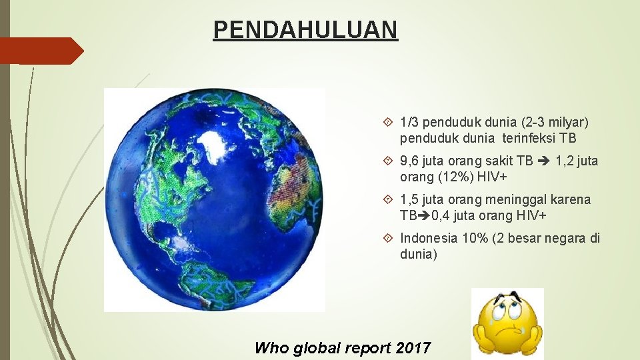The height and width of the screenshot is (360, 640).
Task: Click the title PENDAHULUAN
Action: (x=305, y=30)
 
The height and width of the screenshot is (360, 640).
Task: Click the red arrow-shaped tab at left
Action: (x=41, y=51)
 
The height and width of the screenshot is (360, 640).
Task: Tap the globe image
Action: (x=214, y=199)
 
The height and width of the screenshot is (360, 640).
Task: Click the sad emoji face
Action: (x=507, y=324)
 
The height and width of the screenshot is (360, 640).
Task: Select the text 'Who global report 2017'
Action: (x=343, y=348)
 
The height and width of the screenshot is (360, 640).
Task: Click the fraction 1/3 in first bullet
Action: (x=409, y=123)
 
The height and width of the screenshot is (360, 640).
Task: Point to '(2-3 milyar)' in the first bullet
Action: (x=555, y=123)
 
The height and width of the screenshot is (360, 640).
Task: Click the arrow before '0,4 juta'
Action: (x=424, y=215)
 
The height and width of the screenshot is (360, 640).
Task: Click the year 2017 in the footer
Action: (x=413, y=348)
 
